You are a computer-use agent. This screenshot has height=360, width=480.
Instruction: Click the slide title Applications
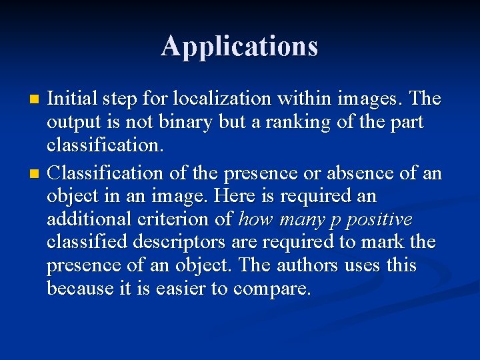point(239,47)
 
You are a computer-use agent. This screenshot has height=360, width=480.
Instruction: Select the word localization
point(221,99)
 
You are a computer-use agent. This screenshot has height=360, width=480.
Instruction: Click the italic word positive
point(383,219)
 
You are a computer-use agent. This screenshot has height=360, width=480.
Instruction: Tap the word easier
point(196,288)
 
